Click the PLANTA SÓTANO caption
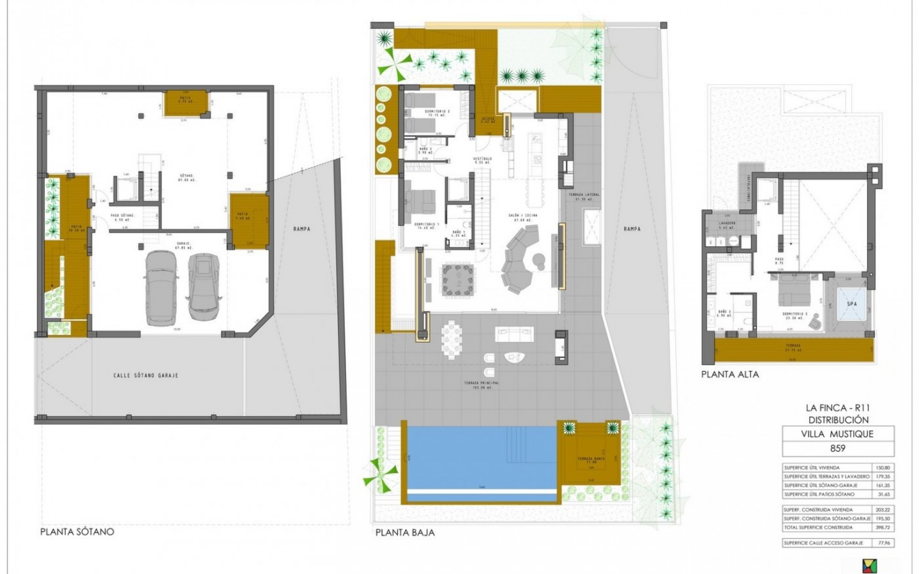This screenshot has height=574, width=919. pos(78,531)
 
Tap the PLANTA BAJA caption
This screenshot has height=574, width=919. pos(405,532)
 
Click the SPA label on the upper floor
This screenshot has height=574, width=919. pos(852,304)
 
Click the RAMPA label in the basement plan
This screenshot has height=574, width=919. pos(303,229)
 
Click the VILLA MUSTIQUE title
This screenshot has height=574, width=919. pos(837,434)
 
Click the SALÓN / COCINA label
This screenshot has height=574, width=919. pos(523,216)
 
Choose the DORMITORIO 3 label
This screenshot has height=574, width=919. pos(796,315)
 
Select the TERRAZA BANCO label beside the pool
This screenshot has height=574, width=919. pos(591,459)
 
